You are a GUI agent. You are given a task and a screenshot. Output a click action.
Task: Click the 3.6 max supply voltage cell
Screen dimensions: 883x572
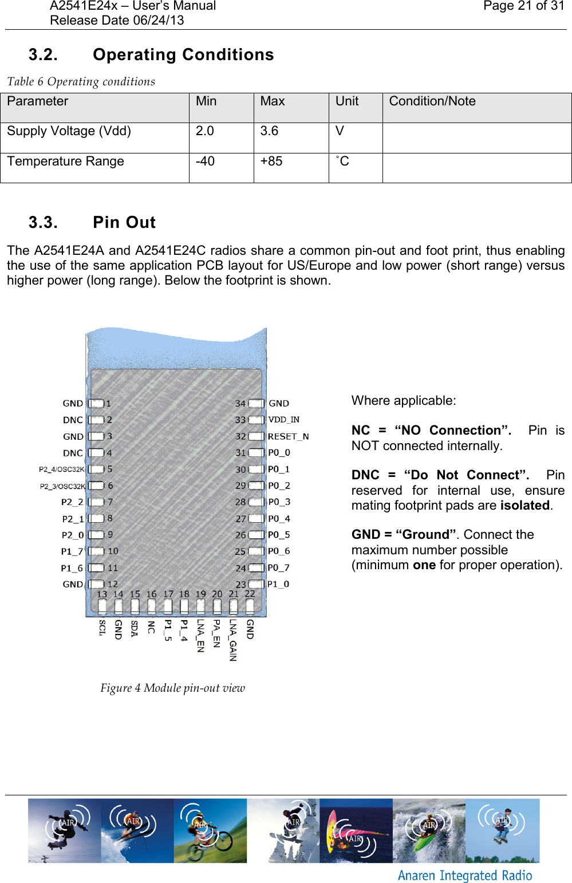click(x=269, y=131)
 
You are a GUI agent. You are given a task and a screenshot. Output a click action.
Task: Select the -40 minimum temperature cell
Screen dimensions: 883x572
click(x=205, y=161)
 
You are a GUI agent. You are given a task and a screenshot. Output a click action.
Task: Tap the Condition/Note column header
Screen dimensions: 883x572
click(x=432, y=101)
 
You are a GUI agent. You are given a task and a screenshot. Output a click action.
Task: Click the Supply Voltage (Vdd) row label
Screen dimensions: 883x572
click(x=69, y=131)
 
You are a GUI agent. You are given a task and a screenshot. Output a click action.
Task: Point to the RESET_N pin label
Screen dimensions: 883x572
click(x=288, y=436)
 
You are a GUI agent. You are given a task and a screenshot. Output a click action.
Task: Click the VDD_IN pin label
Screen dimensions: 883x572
click(x=283, y=420)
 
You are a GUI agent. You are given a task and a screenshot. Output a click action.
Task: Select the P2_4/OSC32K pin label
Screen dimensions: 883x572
click(x=62, y=470)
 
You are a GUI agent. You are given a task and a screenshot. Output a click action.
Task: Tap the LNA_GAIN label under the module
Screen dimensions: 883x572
click(x=233, y=640)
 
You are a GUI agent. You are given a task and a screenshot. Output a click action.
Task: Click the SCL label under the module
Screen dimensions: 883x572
click(x=102, y=627)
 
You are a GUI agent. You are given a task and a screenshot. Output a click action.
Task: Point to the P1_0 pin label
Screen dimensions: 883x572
click(x=278, y=584)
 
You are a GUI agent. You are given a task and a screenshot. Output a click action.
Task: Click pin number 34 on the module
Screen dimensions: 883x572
click(x=240, y=404)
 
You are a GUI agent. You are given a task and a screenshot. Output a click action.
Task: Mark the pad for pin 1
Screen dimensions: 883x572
click(x=96, y=404)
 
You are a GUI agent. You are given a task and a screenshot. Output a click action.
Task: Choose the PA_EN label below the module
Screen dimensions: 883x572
click(x=216, y=633)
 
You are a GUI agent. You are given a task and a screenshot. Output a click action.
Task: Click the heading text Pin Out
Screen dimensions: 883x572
click(x=124, y=222)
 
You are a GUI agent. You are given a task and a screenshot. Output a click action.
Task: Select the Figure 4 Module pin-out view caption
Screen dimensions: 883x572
click(x=172, y=688)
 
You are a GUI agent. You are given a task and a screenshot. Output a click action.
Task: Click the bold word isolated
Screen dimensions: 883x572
click(x=524, y=506)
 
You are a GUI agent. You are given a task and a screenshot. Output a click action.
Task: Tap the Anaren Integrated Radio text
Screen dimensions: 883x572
click(x=465, y=876)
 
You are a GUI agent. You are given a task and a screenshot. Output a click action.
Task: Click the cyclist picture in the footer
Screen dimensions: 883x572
click(x=211, y=830)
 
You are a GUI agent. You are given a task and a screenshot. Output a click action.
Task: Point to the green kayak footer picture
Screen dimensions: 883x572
click(x=429, y=830)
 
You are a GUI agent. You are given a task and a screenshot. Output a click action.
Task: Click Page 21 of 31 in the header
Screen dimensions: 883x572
click(x=523, y=6)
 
